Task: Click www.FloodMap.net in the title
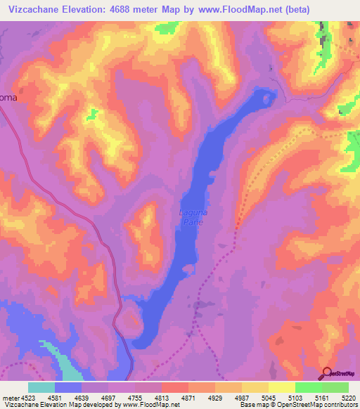coord(236,9)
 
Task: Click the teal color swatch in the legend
coord(41,387)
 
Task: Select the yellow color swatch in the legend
coord(282,387)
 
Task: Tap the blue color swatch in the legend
coord(68,387)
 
